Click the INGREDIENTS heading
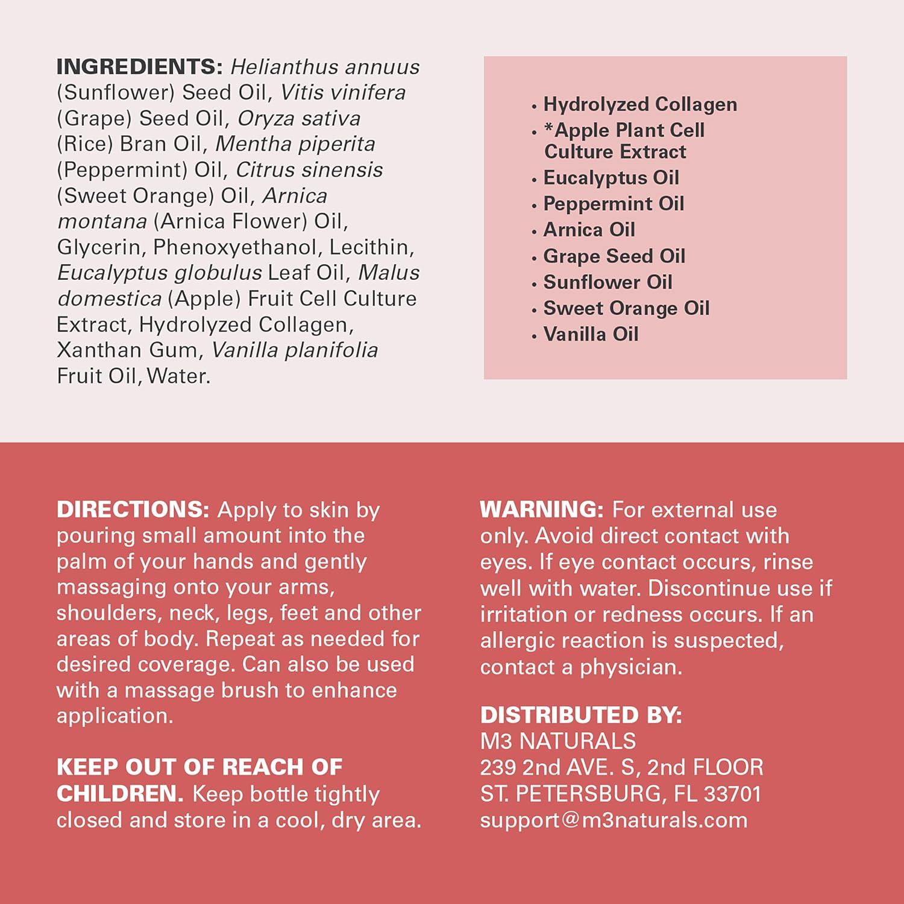point(139,66)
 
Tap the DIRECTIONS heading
point(133,510)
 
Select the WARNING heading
point(541,510)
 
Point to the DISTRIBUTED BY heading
point(580,715)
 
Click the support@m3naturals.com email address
point(614,820)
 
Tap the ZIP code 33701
point(732,794)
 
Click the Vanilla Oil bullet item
point(591,334)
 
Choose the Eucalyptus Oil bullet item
point(611,178)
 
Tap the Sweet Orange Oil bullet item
point(626,309)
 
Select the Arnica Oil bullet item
point(589,230)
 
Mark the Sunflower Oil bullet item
point(607,282)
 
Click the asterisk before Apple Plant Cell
point(548,128)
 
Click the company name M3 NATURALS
point(558,741)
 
